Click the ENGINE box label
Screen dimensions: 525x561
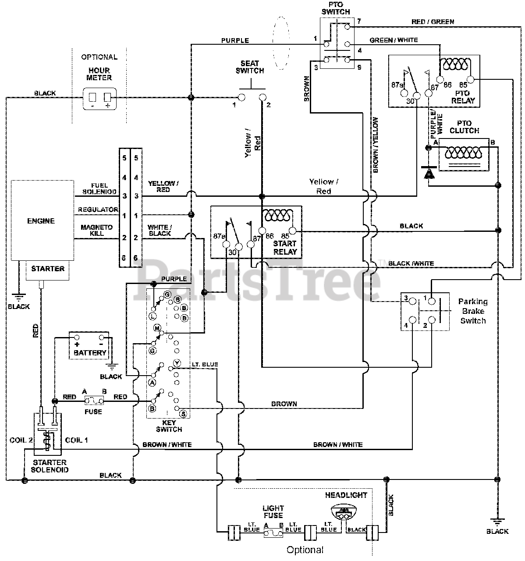tap(41, 221)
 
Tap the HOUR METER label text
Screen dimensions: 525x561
tap(99, 74)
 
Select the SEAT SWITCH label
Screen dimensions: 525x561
tap(250, 67)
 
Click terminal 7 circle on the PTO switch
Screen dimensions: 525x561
tap(347, 27)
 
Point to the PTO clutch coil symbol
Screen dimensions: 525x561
tap(463, 153)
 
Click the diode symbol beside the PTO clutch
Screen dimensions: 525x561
tap(429, 172)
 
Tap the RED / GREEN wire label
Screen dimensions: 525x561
tap(433, 22)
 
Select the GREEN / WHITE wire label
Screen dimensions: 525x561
tap(394, 40)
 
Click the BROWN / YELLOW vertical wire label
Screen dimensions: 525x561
tap(376, 145)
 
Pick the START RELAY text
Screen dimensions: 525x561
tap(285, 248)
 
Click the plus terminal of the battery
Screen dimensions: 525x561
tap(77, 337)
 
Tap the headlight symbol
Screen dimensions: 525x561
tap(343, 512)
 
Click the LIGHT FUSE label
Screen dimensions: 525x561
tap(273, 512)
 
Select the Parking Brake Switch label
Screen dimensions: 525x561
tap(473, 311)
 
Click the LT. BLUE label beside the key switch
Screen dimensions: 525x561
tap(205, 364)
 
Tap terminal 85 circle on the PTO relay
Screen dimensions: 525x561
tap(471, 79)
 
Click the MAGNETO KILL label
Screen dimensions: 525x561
tap(97, 230)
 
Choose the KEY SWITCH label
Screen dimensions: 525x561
tap(169, 426)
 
